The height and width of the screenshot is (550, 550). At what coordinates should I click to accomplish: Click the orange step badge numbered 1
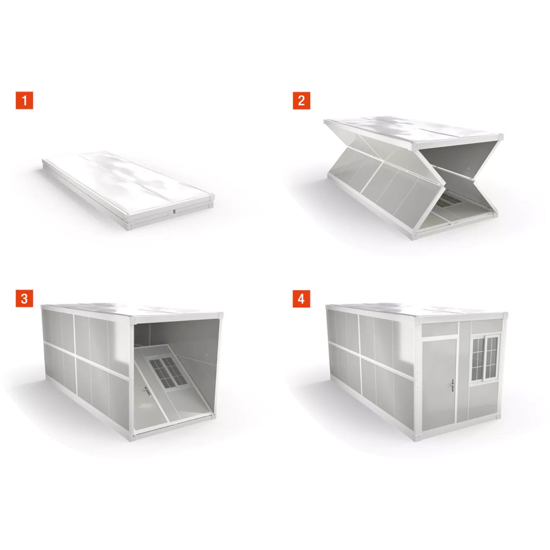[x=24, y=100]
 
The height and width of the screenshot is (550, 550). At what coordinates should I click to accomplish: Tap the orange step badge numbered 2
[x=301, y=100]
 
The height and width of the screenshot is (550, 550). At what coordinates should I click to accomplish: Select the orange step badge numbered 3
[x=24, y=299]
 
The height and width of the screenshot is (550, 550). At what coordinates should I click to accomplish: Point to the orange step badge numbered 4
[x=301, y=299]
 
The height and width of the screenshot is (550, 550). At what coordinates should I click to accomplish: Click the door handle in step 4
[x=453, y=386]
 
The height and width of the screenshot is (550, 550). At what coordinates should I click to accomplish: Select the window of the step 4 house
[x=485, y=357]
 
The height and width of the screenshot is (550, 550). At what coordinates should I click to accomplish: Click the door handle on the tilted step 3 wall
[x=147, y=390]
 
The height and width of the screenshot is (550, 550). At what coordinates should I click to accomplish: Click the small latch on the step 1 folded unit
[x=174, y=211]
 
